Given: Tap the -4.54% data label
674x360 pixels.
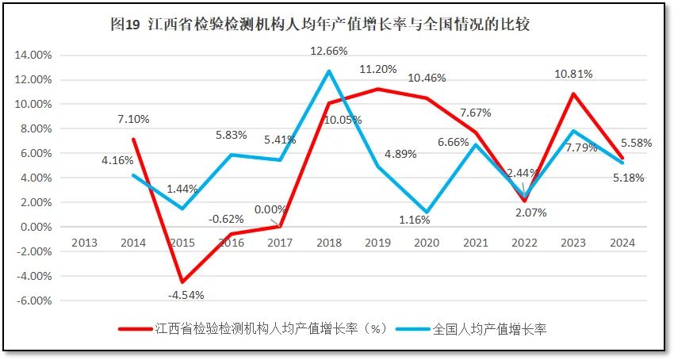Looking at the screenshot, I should tap(186, 295).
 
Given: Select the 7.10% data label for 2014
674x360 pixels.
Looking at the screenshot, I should tap(132, 119).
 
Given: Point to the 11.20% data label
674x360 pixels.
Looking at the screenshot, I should tap(377, 69).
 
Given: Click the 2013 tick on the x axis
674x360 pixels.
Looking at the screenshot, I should tap(84, 243).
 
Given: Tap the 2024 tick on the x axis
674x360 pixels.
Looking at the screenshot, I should tap(622, 243).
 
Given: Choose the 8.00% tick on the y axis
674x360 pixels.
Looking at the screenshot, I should tap(36, 129).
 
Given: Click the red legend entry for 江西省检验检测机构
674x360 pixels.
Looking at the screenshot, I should tap(252, 327).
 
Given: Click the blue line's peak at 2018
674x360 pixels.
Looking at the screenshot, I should tap(329, 71).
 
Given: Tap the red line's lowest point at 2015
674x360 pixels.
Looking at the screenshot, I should tap(182, 282).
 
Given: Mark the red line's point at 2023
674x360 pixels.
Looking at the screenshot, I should tap(573, 94).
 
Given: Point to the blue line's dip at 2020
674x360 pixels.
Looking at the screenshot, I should tap(427, 213).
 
